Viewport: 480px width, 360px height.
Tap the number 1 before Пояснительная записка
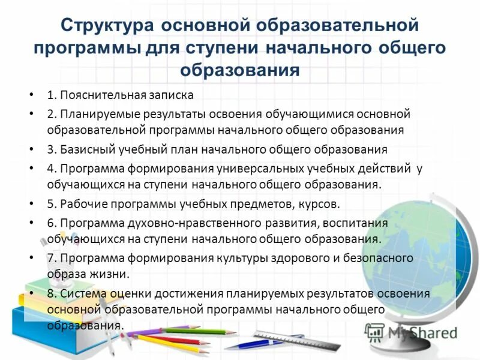click(x=50, y=95)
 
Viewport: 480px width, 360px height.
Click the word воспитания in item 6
click(x=358, y=223)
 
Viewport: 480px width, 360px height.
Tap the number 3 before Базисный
click(x=50, y=149)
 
